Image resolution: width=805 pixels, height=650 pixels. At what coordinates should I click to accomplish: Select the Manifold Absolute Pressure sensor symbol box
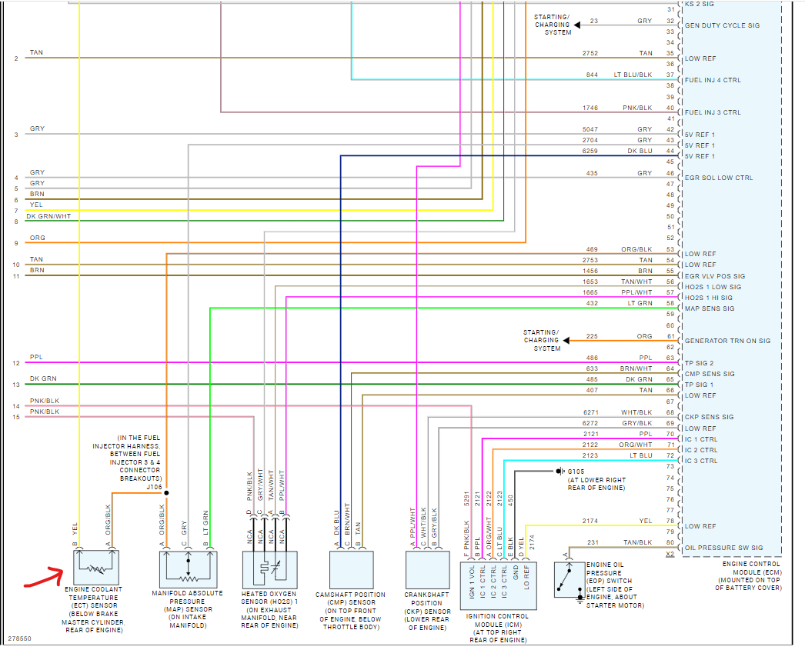pos(188,569)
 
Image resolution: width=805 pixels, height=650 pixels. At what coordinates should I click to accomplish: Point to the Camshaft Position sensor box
pos(351,569)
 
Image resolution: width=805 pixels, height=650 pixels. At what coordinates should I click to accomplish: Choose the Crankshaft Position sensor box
pos(427,569)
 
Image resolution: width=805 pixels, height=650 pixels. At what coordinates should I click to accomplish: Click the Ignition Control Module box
pos(499,580)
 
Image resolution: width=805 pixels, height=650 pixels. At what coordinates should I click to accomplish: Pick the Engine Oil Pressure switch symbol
pos(570,579)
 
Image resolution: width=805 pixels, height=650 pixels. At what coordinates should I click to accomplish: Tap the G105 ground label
pos(576,471)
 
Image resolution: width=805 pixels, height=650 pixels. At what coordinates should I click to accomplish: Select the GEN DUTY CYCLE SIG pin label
pos(722,25)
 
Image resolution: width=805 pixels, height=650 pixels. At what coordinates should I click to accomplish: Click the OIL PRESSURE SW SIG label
pos(723,548)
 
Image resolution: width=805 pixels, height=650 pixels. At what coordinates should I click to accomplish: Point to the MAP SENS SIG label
pos(710,308)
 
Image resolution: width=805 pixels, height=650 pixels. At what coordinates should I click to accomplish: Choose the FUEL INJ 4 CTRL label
pos(713,80)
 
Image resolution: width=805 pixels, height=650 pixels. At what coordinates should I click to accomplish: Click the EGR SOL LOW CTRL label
pos(719,178)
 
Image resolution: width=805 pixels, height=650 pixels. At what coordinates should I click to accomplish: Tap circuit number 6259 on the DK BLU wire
pos(592,152)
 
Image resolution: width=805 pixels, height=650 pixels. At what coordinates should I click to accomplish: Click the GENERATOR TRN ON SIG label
pos(727,341)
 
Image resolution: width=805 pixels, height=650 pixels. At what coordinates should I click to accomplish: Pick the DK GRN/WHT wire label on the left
pos(50,216)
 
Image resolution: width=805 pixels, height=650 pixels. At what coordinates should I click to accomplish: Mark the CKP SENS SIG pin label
pos(709,417)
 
